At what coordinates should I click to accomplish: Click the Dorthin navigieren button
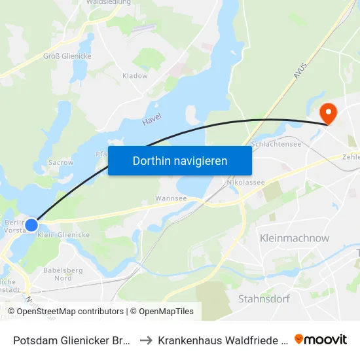point(180,160)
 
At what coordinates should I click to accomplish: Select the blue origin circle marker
point(31,224)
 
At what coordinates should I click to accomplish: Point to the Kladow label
point(135,76)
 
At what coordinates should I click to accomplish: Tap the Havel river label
point(152,119)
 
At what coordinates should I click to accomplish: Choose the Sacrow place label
point(61,162)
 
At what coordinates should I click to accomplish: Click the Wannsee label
point(171,198)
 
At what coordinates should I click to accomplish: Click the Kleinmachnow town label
point(295,238)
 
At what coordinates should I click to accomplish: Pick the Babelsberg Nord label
point(63,274)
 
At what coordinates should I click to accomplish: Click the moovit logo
point(321,339)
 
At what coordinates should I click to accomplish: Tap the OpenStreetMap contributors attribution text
point(70,312)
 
